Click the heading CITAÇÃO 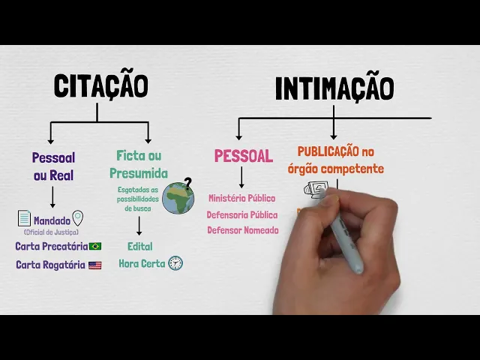(x=100, y=85)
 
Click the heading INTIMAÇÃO (x=334, y=88)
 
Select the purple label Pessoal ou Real (x=53, y=166)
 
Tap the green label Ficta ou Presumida (x=139, y=164)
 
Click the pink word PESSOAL (x=243, y=156)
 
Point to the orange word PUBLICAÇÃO (x=328, y=151)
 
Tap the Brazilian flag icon (x=95, y=246)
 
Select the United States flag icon (x=94, y=265)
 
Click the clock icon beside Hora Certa (x=175, y=263)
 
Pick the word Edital (x=139, y=246)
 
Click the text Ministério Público (x=241, y=198)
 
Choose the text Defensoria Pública (x=241, y=214)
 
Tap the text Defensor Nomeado (x=242, y=230)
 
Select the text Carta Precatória (x=50, y=246)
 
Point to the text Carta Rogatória (x=50, y=265)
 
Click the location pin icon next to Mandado (x=77, y=218)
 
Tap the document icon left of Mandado (x=25, y=218)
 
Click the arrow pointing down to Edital (x=139, y=226)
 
